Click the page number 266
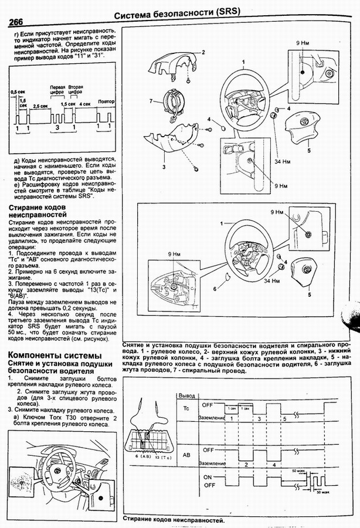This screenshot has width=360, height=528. [19, 22]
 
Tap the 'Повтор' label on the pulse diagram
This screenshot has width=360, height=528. [106, 101]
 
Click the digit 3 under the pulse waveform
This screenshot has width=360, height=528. [57, 127]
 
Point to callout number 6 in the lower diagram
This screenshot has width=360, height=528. [215, 289]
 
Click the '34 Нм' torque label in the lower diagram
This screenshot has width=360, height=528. [272, 282]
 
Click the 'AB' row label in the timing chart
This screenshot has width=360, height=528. [186, 455]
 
